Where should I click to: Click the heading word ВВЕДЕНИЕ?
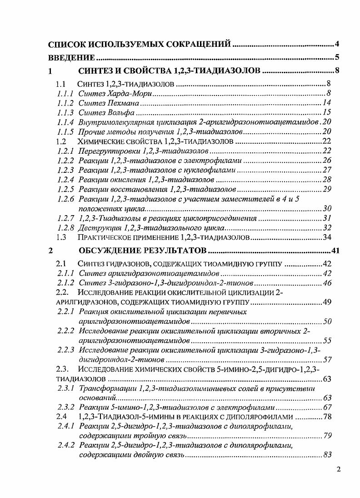click(x=72, y=58)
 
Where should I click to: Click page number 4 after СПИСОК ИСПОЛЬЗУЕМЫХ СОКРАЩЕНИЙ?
click(x=337, y=44)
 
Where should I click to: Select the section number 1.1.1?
click(x=65, y=93)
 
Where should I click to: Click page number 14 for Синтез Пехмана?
click(x=326, y=103)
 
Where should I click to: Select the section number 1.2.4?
click(x=65, y=180)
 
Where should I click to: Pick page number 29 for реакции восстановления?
click(x=326, y=189)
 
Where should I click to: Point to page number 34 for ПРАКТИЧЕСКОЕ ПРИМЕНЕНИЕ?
click(x=326, y=237)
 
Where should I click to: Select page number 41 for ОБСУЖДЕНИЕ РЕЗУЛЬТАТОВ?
click(x=336, y=251)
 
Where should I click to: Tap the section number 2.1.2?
click(x=65, y=283)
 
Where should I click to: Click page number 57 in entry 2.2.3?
click(x=326, y=360)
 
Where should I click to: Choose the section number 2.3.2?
click(x=65, y=407)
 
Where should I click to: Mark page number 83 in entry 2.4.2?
click(x=326, y=454)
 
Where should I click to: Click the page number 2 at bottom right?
click(x=338, y=470)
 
